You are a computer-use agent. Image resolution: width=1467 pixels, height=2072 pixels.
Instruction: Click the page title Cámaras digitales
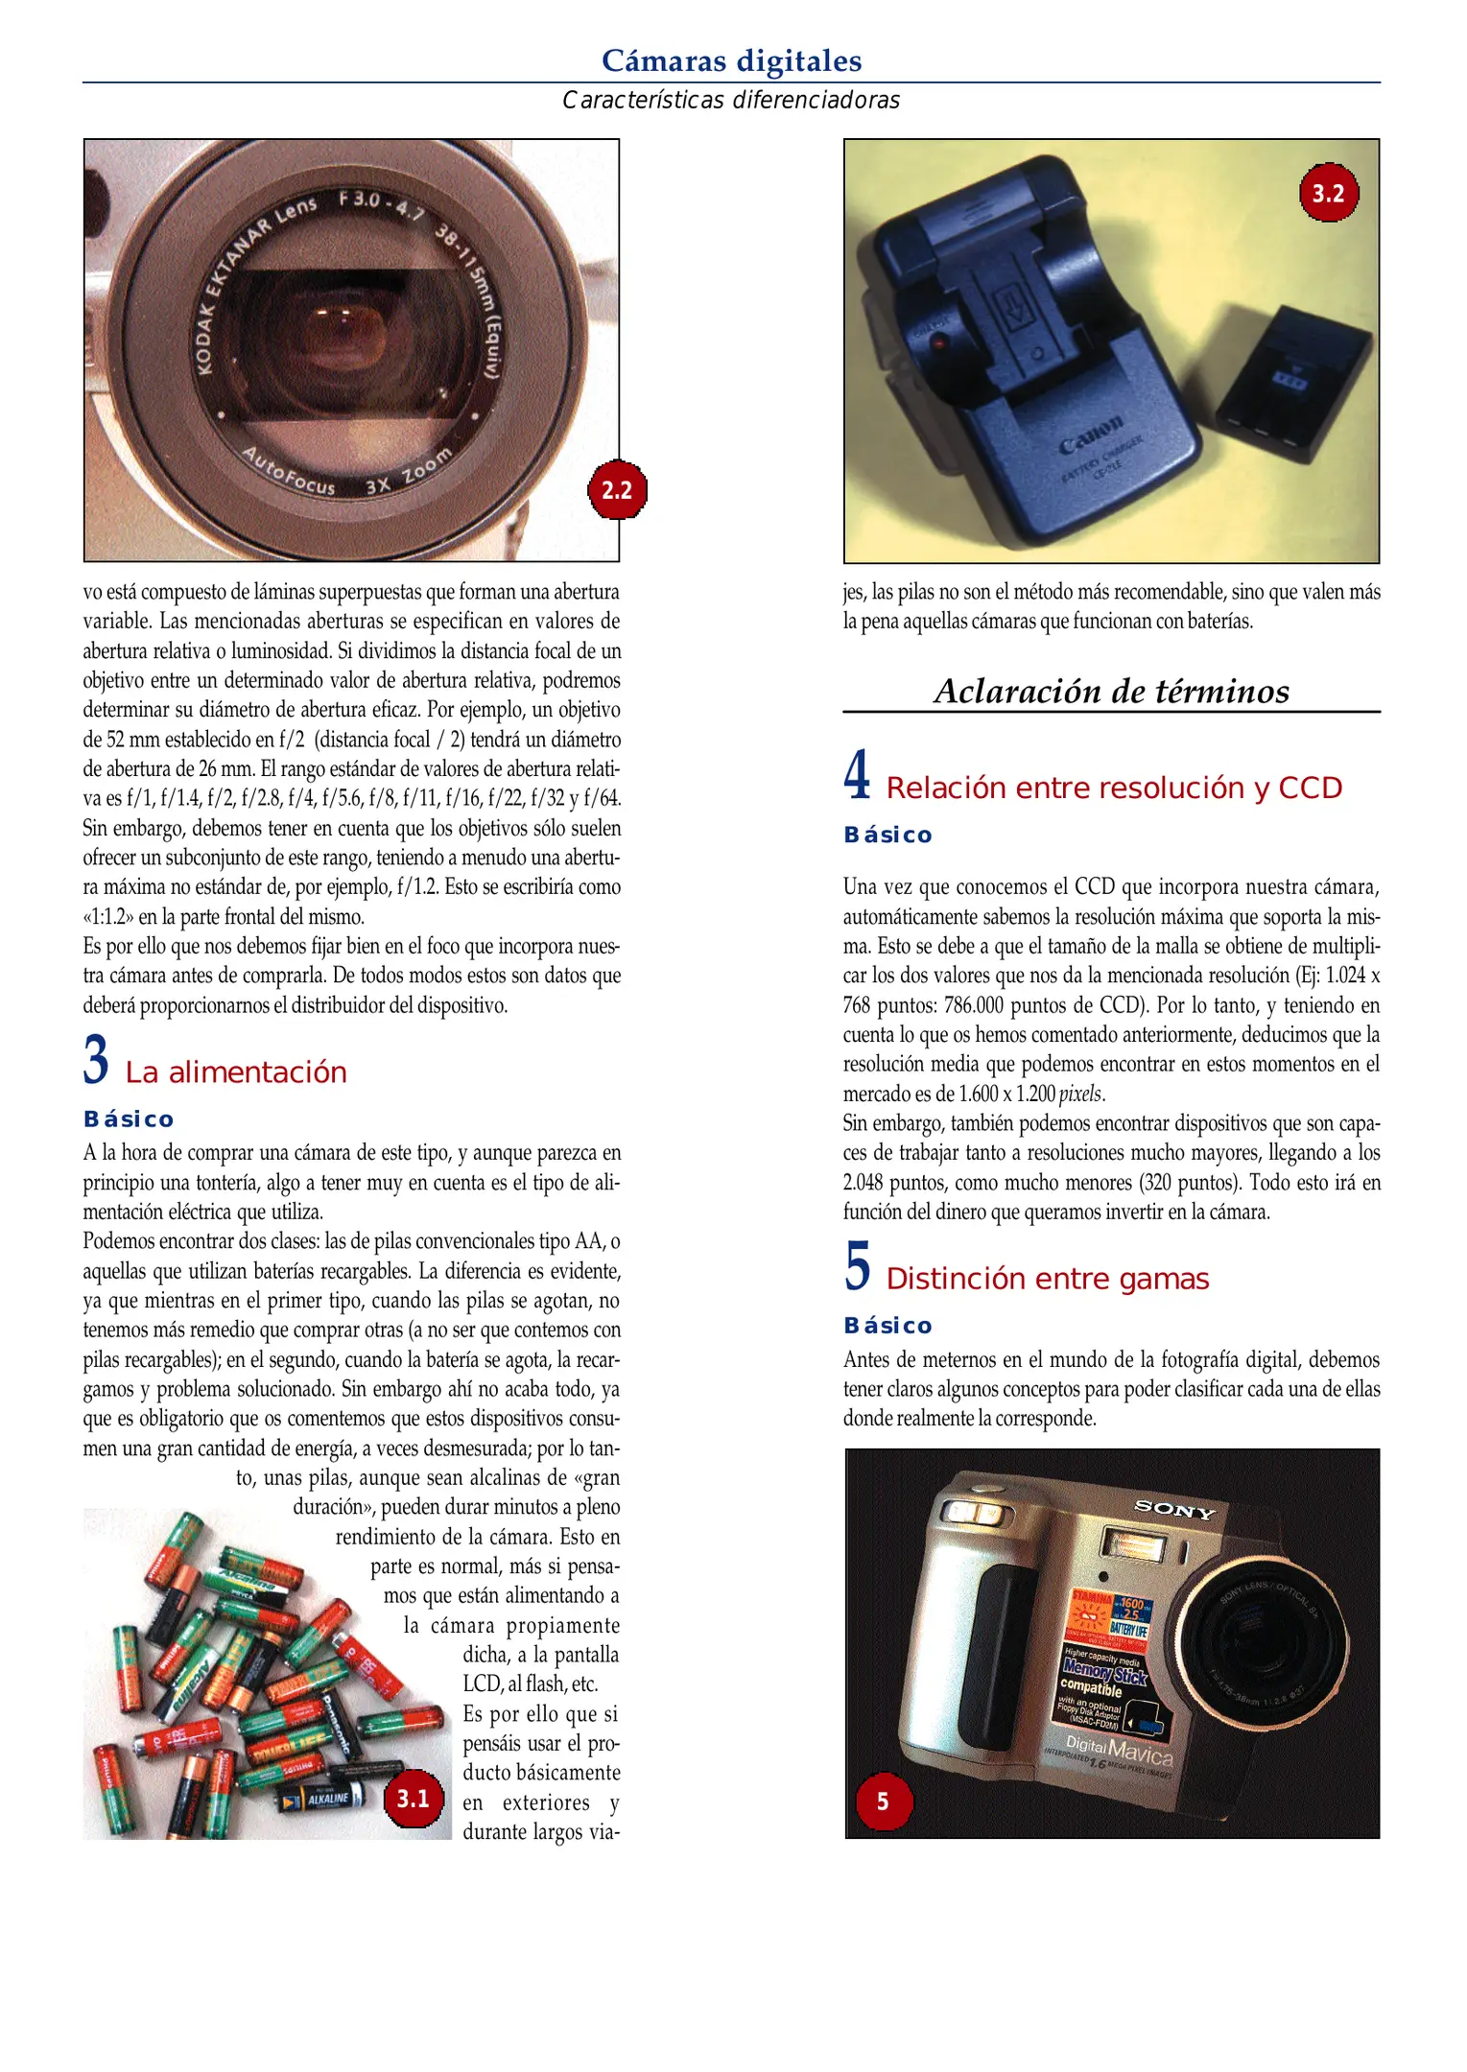(731, 60)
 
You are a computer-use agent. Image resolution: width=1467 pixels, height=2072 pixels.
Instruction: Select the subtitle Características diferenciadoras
(731, 100)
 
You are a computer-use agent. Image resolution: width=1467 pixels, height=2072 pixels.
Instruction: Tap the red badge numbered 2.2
(617, 490)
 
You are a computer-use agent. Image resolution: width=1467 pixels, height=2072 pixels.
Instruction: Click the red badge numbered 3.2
(1329, 194)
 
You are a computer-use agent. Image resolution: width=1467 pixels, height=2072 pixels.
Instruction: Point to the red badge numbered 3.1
(414, 1799)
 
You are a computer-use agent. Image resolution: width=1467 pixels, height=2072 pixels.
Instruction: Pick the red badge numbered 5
(883, 1801)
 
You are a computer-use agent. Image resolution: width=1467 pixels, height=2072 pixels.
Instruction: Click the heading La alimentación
(236, 1072)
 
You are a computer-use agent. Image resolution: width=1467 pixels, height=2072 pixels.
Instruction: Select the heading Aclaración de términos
(1111, 691)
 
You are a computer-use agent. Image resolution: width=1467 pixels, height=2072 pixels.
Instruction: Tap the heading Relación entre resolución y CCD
(1114, 788)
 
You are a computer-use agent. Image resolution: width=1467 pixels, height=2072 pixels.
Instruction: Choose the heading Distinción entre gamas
(1048, 1279)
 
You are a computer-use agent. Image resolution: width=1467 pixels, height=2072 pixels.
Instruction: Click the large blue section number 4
(858, 775)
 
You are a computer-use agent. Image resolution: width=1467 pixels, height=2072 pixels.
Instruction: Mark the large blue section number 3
(96, 1060)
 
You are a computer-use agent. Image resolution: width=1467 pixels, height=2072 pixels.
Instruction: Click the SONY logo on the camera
(1174, 1510)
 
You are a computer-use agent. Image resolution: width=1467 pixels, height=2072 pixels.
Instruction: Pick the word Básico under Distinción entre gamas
(887, 1326)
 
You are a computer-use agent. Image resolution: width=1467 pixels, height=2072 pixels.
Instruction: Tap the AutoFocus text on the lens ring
(289, 471)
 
